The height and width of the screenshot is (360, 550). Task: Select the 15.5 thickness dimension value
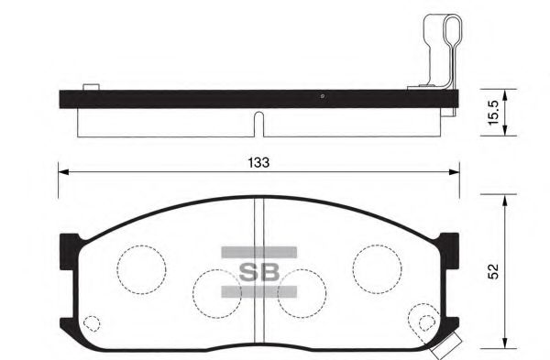(492, 112)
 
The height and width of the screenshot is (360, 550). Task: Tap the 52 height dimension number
(492, 272)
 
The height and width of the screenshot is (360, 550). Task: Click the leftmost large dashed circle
(141, 267)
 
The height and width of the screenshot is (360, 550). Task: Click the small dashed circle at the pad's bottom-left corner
(91, 323)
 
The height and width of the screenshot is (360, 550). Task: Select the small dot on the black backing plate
(323, 97)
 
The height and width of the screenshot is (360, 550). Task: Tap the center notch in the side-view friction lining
(258, 121)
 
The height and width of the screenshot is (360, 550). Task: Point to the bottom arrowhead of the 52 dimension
(503, 343)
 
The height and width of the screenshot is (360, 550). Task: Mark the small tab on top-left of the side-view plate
(90, 87)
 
